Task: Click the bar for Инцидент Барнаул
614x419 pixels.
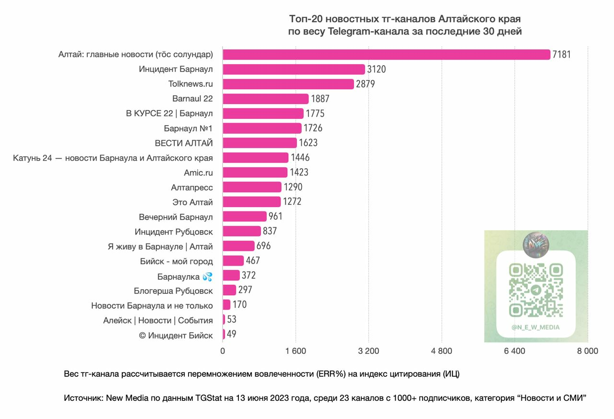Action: coord(294,69)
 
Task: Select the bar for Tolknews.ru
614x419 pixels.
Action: coord(288,84)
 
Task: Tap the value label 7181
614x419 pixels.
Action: coord(562,55)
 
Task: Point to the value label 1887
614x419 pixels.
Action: coord(320,99)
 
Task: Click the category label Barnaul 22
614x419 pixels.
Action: coord(192,99)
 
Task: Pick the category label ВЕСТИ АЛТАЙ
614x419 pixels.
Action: coord(184,143)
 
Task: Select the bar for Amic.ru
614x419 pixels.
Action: coord(255,173)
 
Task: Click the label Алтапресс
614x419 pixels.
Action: coord(192,187)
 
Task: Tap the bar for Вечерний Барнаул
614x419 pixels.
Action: coord(244,217)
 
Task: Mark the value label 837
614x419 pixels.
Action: coord(270,232)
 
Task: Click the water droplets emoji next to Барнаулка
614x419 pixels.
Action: coord(207,277)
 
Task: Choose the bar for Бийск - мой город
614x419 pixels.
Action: coord(233,261)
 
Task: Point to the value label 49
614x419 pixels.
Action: coord(231,335)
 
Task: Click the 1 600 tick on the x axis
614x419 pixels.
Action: coord(295,351)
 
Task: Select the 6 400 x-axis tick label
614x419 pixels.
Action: coord(515,351)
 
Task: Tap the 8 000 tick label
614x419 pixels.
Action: coord(588,351)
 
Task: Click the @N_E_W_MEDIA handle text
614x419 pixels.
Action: coord(535,327)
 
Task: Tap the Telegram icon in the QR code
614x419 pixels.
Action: coord(536,290)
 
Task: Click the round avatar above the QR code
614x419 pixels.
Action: coord(536,244)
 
